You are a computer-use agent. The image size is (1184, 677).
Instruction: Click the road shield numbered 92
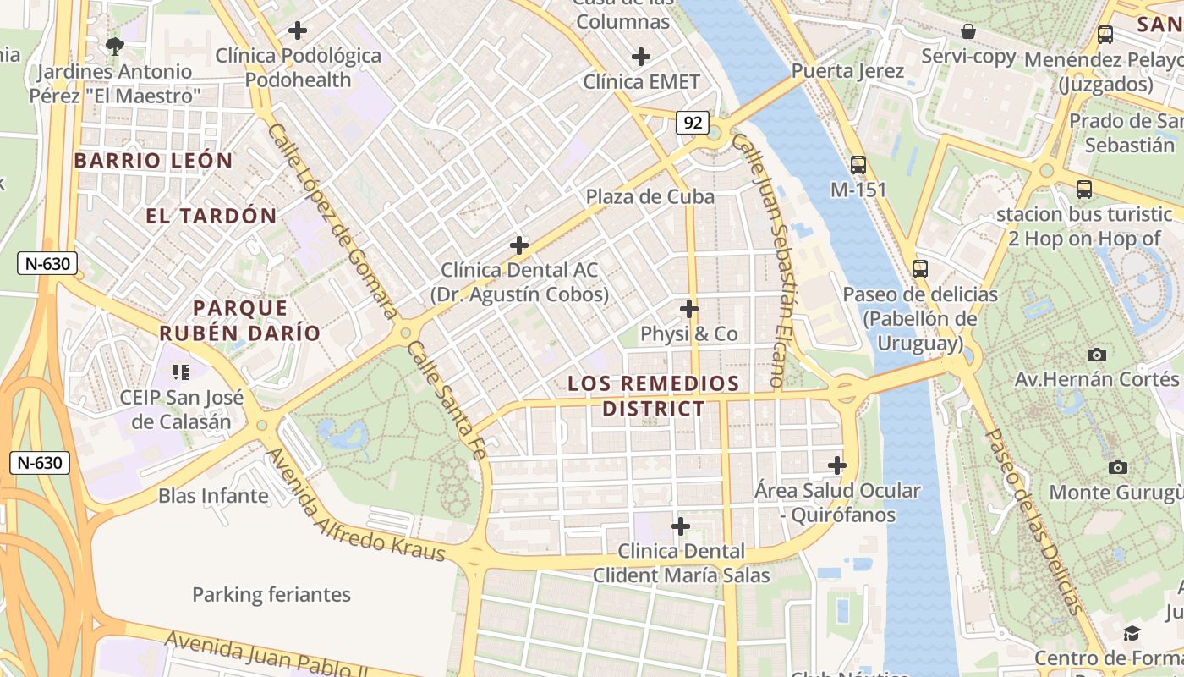coord(692,123)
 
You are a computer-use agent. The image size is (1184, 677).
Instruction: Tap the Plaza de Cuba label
coord(650,197)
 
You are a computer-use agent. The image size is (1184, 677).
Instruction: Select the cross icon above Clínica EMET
coord(641,57)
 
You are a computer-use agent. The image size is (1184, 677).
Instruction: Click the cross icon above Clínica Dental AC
coord(519,245)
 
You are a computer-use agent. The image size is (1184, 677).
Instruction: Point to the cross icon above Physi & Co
coord(689,308)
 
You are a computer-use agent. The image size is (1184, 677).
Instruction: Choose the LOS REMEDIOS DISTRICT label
coord(654,396)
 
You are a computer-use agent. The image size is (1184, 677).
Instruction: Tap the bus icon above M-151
coord(858,164)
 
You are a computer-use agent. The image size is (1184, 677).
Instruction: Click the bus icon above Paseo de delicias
coord(920,269)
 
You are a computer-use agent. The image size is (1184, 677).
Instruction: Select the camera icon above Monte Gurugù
coord(1118,467)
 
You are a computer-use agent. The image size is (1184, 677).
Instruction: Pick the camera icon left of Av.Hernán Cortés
coord(1097,355)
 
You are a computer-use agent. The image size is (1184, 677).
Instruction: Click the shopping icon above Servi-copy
coord(968,31)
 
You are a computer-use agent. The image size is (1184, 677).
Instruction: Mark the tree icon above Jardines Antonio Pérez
coord(114,44)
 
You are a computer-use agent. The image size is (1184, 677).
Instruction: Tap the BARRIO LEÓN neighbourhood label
coord(153,161)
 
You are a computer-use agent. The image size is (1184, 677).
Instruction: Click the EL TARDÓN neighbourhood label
coord(211,216)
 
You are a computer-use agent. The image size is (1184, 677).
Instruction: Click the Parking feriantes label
coord(271,595)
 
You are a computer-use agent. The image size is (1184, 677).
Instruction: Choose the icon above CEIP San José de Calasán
coord(180,371)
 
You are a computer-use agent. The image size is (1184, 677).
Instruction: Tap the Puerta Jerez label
coord(847,71)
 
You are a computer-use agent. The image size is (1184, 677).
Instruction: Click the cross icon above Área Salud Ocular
coord(837,465)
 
